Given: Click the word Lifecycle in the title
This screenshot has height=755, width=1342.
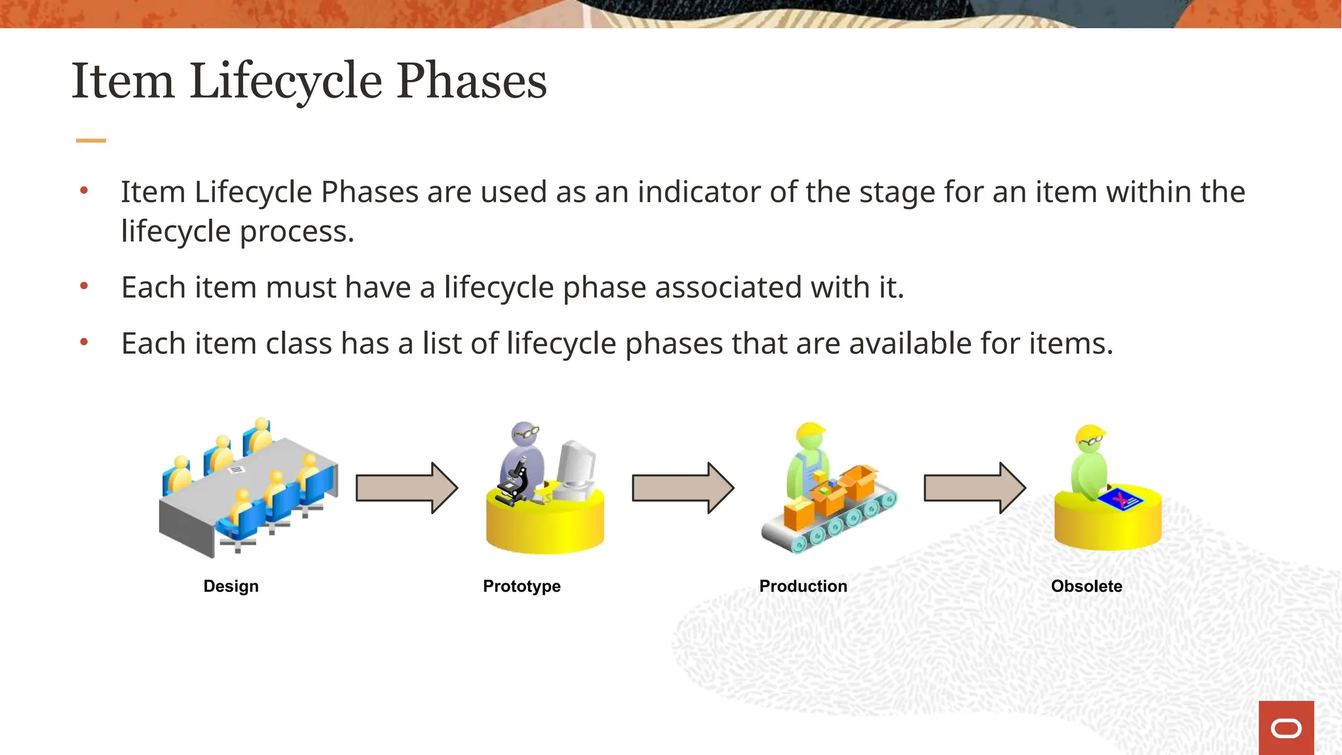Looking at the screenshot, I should coord(286,81).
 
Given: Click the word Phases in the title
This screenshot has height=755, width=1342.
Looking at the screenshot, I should coord(471,81).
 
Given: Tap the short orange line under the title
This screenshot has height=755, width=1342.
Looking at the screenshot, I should coord(91,140).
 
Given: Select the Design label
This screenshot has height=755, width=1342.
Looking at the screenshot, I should coord(231,586).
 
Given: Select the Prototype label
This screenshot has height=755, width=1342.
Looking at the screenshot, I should coord(522,586).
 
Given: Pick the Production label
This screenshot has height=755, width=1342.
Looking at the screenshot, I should coord(803,586).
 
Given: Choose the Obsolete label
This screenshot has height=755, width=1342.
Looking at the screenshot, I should coord(1086,586).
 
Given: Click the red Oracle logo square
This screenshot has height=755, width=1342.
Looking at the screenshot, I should coord(1286,727).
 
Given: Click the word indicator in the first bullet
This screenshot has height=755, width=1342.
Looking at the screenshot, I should coord(699,192).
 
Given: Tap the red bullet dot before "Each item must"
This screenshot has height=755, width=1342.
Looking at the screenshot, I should coord(84,286).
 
